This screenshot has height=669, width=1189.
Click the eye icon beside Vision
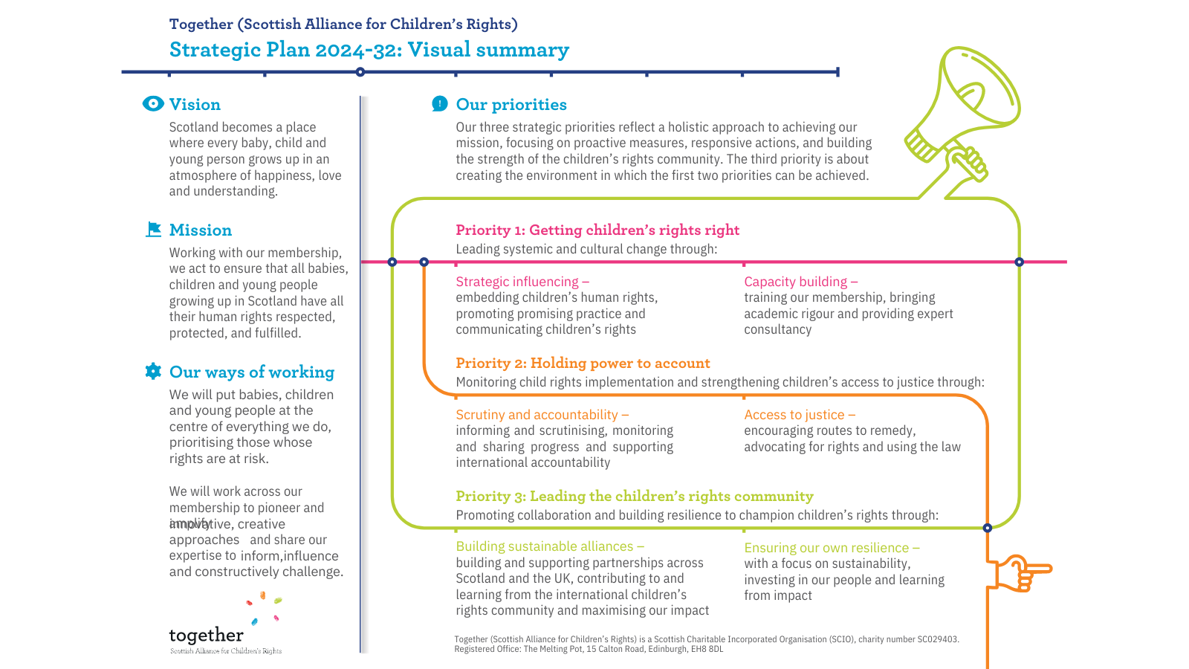(x=153, y=104)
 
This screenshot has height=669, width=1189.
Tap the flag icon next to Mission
(x=154, y=230)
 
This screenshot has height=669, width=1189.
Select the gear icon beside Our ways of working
(x=153, y=372)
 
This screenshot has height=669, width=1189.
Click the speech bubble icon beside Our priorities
(x=440, y=104)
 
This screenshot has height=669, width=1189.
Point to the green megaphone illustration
(x=962, y=115)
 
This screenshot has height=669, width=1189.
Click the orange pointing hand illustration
(x=1022, y=573)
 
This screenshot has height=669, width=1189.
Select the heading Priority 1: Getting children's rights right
(x=597, y=230)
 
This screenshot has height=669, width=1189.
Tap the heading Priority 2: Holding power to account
(x=583, y=363)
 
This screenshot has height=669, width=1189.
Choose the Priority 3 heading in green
(x=634, y=497)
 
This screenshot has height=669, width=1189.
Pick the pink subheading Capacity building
(x=800, y=282)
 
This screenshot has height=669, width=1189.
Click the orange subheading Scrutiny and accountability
(x=542, y=415)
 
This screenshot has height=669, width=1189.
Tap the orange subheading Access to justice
(x=800, y=415)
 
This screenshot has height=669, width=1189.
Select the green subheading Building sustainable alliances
(x=550, y=546)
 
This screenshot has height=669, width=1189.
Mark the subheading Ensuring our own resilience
(x=832, y=548)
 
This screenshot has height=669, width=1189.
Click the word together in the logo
(x=206, y=636)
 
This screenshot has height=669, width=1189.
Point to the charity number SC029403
(x=938, y=639)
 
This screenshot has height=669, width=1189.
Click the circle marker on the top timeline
(x=360, y=72)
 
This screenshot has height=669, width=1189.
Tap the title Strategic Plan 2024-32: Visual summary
(x=369, y=50)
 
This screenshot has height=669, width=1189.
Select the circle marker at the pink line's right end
(x=1019, y=262)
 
